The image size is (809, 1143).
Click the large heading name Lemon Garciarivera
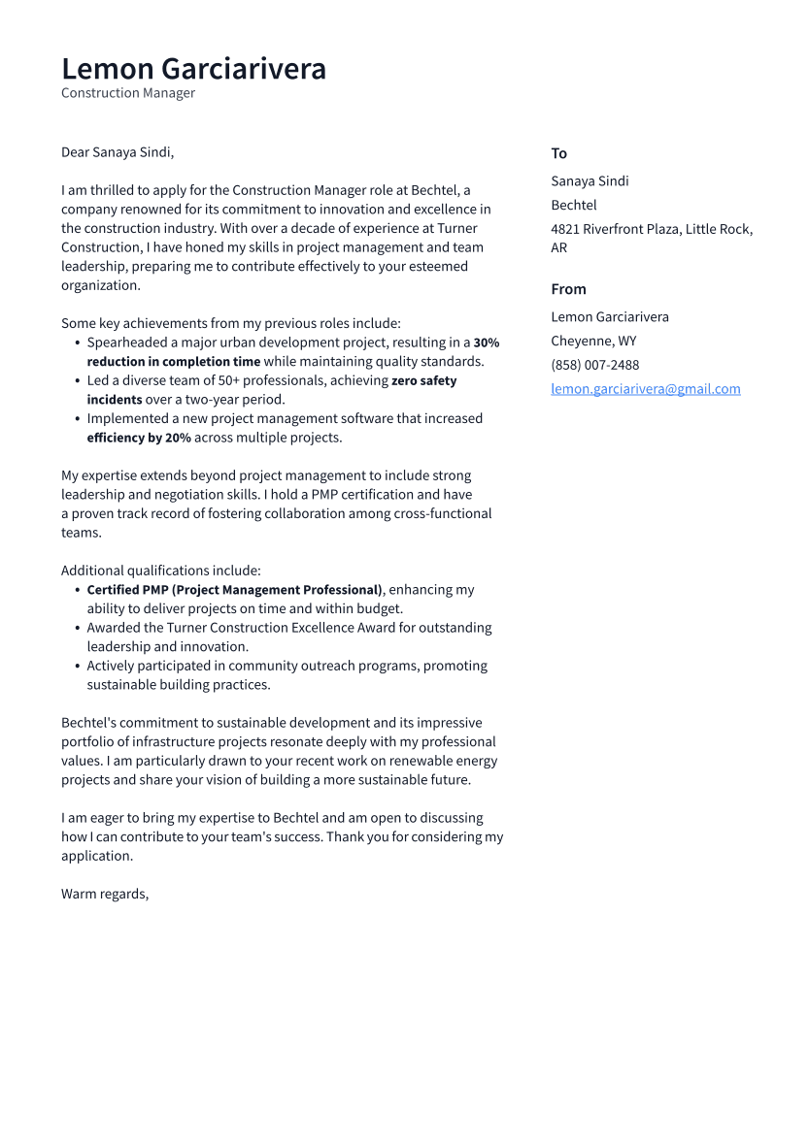click(193, 69)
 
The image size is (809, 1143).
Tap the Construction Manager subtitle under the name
click(128, 93)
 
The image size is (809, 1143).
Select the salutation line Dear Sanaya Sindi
click(118, 152)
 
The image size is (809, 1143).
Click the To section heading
click(558, 153)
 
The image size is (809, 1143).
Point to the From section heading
click(568, 289)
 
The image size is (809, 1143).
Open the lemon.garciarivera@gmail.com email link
click(645, 389)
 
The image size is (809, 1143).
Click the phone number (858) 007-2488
click(594, 365)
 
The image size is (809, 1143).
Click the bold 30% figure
click(486, 343)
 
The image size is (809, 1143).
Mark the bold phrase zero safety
click(423, 380)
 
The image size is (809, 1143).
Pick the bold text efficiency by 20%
click(139, 438)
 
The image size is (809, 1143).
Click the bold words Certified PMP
click(127, 590)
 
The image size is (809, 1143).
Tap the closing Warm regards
click(105, 894)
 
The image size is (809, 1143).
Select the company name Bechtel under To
click(573, 205)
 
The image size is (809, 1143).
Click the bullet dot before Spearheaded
click(77, 343)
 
